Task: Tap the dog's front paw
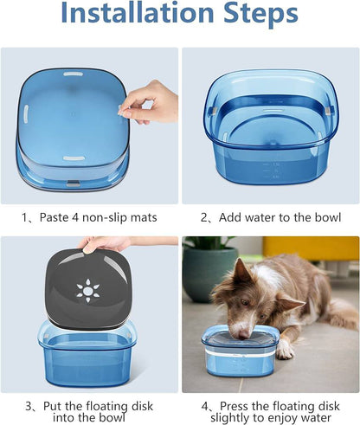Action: pyautogui.click(x=286, y=351)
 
